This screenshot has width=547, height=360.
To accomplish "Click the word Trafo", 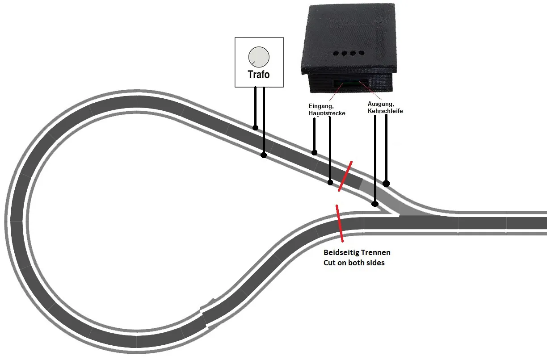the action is (x=259, y=75).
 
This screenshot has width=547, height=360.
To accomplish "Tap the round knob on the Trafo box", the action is (x=259, y=57).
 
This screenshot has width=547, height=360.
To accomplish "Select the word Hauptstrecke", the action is (x=327, y=113).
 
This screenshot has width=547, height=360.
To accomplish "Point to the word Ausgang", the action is (x=381, y=104).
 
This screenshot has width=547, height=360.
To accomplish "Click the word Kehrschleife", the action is (x=385, y=111).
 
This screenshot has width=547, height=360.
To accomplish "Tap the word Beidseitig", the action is (x=341, y=253).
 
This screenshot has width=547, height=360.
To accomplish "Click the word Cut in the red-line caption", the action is (x=329, y=263).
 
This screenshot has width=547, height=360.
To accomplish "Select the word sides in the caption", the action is (x=375, y=263).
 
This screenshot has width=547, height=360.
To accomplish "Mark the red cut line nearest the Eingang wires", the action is (x=345, y=176).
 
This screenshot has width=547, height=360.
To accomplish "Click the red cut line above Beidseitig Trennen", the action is (x=340, y=223).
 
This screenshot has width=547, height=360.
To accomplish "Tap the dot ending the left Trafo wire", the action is (x=255, y=128).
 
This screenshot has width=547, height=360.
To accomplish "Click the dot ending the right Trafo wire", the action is (x=264, y=155).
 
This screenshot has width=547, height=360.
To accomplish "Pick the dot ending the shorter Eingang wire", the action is (x=314, y=153).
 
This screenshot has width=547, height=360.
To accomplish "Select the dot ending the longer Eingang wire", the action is (x=330, y=182).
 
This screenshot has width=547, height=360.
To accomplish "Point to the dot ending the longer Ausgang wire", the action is (x=375, y=204).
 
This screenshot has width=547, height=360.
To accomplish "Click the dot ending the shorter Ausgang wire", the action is (x=386, y=183).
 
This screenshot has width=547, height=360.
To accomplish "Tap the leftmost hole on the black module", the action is (x=336, y=53).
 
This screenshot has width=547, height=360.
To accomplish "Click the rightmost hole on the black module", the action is (x=362, y=53).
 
